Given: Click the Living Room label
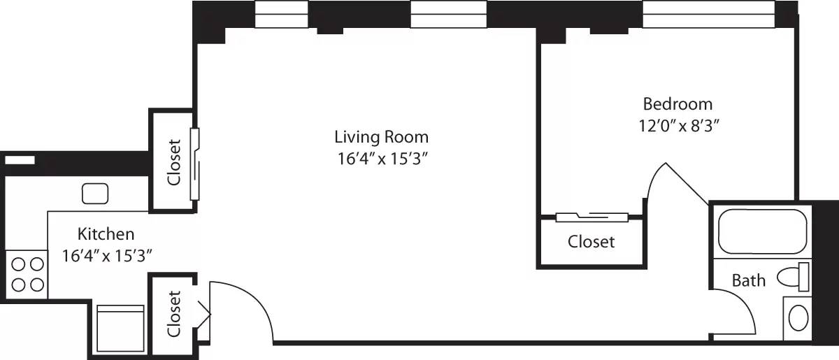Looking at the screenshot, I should coord(381,136).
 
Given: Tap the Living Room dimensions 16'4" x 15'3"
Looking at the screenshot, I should coord(381,159).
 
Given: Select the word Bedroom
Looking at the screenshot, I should coord(677,104).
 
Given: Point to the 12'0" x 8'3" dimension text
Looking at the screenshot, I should coord(677,127).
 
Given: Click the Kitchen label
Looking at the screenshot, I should coord(106,233).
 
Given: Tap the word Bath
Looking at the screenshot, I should coord(748,281).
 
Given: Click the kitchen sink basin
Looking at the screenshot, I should coord(94,193).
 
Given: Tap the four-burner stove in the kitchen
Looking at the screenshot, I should coord(27,273).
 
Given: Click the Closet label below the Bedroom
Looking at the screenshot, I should coord(591,242).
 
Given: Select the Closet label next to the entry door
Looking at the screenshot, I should coord(173,314).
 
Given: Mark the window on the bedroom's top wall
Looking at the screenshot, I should coord(708,15).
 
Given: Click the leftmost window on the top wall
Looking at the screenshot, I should coord(282,15).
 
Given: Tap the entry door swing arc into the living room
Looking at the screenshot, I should coord(252,301).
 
